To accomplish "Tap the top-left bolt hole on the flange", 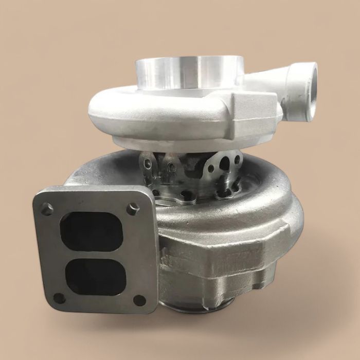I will (x=47, y=209).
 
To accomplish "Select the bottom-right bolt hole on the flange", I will (x=139, y=300).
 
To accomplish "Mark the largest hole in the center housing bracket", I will (x=225, y=164).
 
